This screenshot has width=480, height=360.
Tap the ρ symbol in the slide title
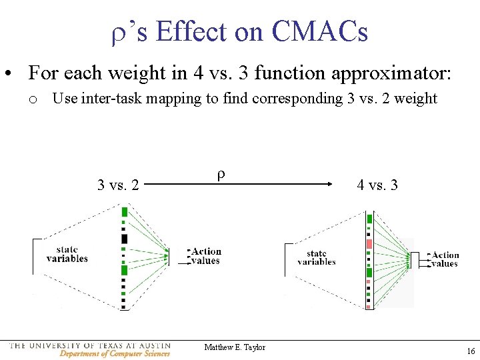(119, 32)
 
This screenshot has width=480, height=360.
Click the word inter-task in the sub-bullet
(109, 99)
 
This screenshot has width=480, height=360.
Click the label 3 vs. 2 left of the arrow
(118, 185)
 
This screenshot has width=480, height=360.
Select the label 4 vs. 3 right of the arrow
(377, 185)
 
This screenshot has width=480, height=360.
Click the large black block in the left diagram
(125, 239)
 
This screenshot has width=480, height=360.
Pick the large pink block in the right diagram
(369, 244)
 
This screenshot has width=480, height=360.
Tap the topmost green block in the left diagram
(125, 212)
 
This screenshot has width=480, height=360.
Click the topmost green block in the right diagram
(370, 218)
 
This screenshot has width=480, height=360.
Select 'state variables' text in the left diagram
(67, 254)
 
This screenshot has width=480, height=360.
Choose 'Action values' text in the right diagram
(445, 259)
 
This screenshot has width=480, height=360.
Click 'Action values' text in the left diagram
(205, 256)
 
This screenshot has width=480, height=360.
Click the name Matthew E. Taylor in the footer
(235, 347)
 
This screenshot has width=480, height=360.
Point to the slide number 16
(470, 351)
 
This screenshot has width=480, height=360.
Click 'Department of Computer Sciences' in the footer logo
(115, 353)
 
